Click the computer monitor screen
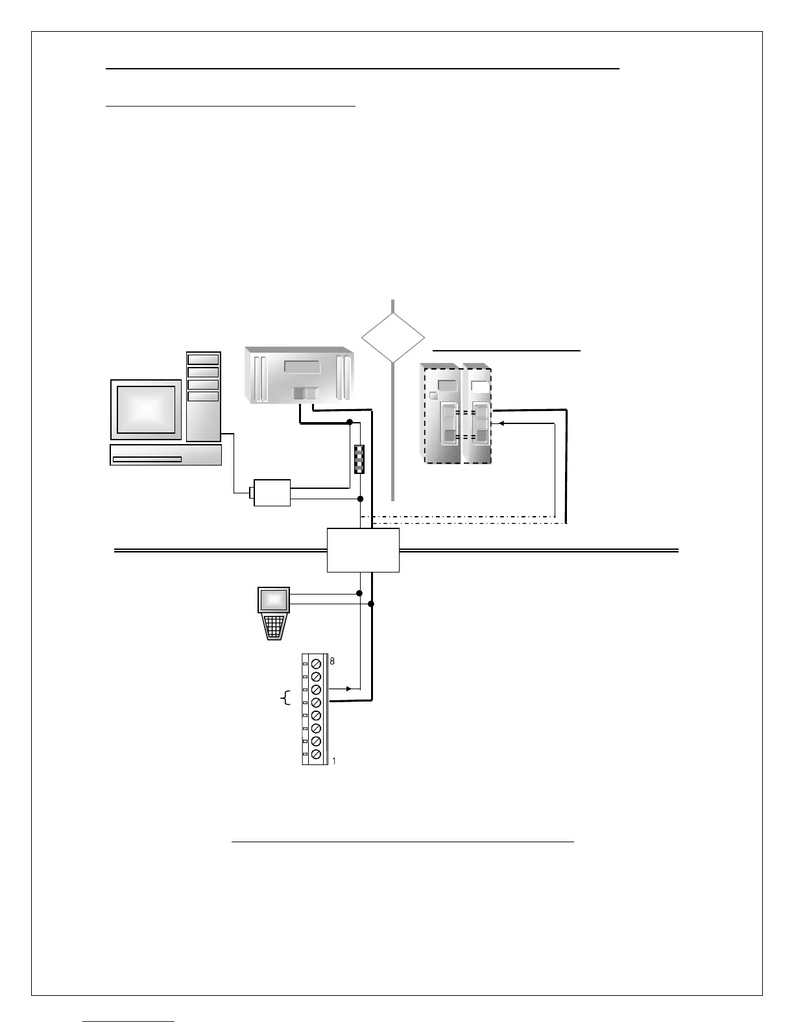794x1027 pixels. [x=146, y=409]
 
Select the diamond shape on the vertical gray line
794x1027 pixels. [x=393, y=338]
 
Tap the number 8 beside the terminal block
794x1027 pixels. [x=332, y=661]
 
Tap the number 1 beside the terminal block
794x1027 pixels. [x=334, y=761]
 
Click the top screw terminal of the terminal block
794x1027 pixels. [x=317, y=664]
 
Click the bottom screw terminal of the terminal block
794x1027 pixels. [x=317, y=755]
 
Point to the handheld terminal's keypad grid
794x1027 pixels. [x=274, y=626]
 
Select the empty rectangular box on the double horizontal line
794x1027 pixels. [x=363, y=550]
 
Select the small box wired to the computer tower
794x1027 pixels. [x=272, y=493]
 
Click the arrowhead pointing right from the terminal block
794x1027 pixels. [x=348, y=689]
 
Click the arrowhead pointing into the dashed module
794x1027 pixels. [x=500, y=423]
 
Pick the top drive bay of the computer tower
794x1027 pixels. [x=203, y=360]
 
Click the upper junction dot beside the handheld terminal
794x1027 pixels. [x=359, y=593]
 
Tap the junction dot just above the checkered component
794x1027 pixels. [x=350, y=422]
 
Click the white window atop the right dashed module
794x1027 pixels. [x=479, y=388]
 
